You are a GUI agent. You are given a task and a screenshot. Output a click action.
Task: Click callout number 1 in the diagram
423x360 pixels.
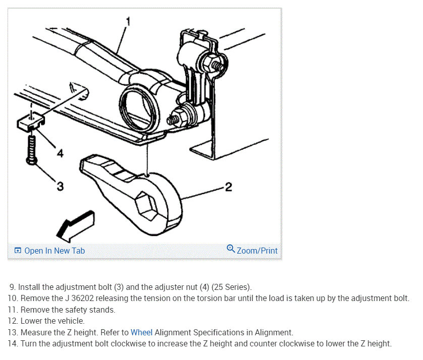click(128, 21)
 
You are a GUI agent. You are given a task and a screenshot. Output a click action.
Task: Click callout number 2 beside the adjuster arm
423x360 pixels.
click(228, 188)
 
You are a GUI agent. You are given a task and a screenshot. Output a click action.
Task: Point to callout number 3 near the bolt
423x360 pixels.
click(60, 187)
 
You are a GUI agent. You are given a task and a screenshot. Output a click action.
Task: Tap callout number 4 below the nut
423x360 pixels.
click(60, 153)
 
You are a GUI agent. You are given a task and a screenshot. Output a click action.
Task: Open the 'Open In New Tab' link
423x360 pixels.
click(55, 251)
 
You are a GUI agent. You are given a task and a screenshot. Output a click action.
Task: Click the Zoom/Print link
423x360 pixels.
click(257, 251)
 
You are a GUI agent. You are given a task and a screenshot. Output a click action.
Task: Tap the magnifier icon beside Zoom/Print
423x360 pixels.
click(231, 249)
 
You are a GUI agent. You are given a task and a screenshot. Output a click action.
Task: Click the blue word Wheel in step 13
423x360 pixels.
click(141, 332)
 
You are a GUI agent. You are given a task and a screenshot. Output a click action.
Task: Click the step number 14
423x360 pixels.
click(13, 343)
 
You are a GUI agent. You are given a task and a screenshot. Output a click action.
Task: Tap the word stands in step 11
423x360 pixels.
click(103, 310)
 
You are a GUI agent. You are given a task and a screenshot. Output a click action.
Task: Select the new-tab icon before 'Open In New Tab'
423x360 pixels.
click(18, 251)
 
